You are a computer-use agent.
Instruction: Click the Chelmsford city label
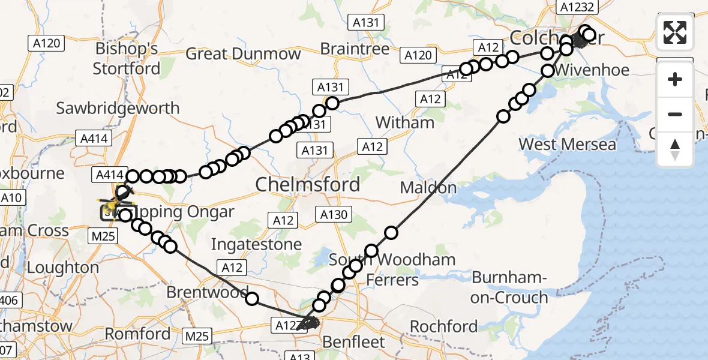coord(308,184)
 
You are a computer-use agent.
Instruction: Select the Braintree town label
coord(354,48)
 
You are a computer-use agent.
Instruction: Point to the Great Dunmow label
coord(243,54)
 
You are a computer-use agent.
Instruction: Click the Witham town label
coord(404,122)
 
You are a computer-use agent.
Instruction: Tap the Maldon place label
coord(428,188)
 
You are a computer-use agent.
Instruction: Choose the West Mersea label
coord(567,145)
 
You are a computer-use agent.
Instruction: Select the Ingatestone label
coord(256,244)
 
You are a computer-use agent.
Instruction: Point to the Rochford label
coord(443,326)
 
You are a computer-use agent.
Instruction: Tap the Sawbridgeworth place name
coord(118,109)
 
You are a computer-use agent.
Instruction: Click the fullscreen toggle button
coord(675,32)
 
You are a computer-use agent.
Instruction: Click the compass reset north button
coord(675,149)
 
